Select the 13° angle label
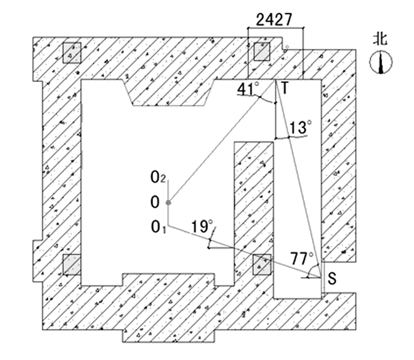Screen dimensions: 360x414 coord(301,127)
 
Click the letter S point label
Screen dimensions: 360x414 coord(332,278)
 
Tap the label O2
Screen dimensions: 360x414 coord(157,176)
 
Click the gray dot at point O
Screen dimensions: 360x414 coord(169,203)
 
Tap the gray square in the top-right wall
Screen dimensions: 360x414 coord(262,52)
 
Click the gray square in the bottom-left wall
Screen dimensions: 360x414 coord(72,264)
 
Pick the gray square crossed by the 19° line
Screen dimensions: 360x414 coord(261,265)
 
